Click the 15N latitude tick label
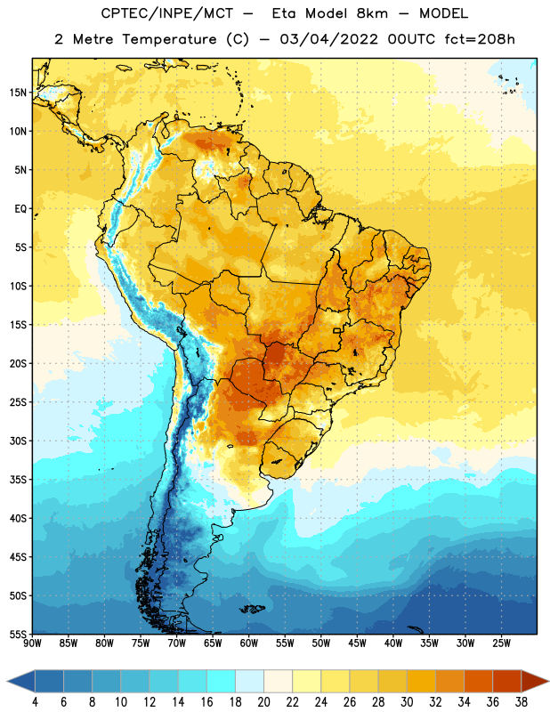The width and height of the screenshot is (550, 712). click(x=18, y=93)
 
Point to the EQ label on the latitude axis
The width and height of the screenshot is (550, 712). click(x=20, y=209)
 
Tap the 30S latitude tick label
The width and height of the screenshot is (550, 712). click(x=18, y=441)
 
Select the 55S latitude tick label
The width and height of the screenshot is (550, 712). click(x=18, y=634)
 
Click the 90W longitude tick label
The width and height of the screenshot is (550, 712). click(x=32, y=643)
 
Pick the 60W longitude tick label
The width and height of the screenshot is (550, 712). click(x=249, y=643)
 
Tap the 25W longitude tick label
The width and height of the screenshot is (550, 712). click(x=501, y=643)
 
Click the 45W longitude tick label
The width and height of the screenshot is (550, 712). click(x=357, y=643)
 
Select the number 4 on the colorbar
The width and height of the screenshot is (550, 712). click(x=35, y=702)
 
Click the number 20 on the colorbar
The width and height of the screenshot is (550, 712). click(x=263, y=702)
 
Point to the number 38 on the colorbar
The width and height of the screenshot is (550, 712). click(x=522, y=702)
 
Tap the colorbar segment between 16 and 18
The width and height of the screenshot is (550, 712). click(x=222, y=682)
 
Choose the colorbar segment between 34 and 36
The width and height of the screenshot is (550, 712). click(x=479, y=682)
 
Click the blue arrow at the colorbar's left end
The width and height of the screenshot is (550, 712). click(x=21, y=682)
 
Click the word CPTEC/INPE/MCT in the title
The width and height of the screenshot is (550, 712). click(x=167, y=13)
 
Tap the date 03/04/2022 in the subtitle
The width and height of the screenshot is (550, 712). click(x=328, y=39)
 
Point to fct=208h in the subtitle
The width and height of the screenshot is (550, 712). click(x=480, y=39)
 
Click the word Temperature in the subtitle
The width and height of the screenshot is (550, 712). click(x=169, y=40)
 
